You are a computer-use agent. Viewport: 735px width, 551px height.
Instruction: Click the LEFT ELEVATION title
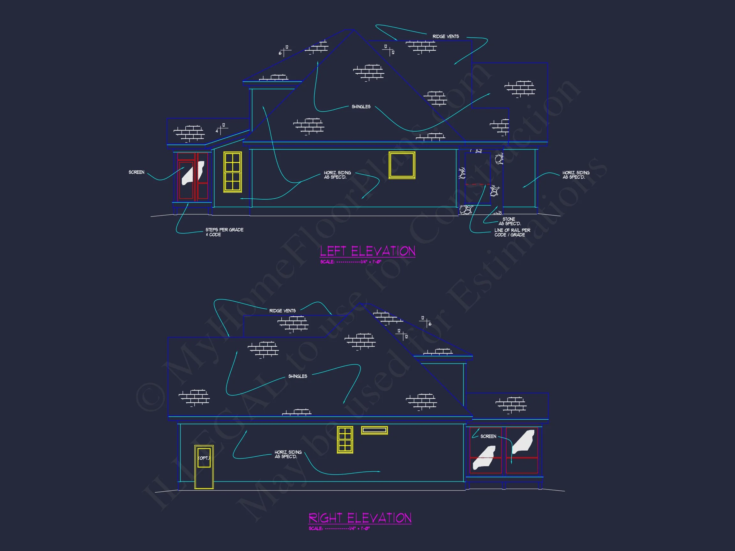[367, 251]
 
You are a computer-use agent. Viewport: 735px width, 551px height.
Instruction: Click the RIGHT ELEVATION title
[360, 518]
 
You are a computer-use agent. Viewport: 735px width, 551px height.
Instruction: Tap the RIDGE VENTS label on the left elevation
[446, 37]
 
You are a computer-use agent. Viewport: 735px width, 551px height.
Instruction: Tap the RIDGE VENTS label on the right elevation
[282, 311]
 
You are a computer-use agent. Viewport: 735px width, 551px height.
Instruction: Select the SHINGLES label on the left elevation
[361, 107]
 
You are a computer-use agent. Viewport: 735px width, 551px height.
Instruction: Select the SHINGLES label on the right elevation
[297, 376]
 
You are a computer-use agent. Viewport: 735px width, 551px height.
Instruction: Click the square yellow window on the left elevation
[402, 165]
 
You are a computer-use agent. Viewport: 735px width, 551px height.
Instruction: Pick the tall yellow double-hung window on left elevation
[232, 172]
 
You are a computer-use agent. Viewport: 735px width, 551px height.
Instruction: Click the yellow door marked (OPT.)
[204, 467]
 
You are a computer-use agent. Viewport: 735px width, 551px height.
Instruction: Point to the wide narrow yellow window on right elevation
[374, 430]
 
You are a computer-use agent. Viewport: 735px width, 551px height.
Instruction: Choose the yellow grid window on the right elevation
[345, 440]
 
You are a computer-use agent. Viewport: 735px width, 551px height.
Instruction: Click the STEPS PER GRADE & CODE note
[224, 232]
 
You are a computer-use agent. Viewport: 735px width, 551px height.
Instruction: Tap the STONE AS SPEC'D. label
[509, 221]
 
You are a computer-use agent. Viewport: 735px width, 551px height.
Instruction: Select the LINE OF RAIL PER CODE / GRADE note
[512, 232]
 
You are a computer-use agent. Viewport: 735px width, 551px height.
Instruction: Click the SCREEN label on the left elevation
[136, 172]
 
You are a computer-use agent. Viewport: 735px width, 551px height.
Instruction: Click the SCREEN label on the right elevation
[488, 437]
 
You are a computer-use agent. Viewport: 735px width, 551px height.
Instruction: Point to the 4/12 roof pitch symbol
[220, 129]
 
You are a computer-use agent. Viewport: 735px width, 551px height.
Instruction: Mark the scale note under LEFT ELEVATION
[351, 262]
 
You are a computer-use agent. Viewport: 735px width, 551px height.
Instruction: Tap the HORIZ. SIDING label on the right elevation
[288, 454]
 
